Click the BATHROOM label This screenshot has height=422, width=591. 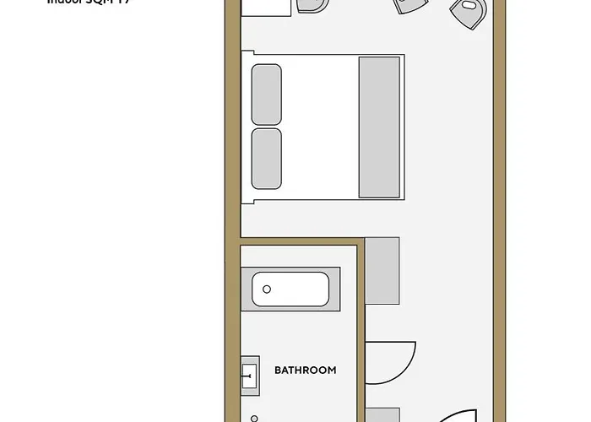click(x=305, y=370)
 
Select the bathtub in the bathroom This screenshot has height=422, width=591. click(x=290, y=289)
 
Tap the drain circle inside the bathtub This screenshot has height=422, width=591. click(x=267, y=289)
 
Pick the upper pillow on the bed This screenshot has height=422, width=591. click(x=266, y=94)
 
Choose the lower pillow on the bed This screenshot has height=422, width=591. click(x=266, y=159)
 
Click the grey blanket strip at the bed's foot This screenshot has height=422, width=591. click(x=379, y=127)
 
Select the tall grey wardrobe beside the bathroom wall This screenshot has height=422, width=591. click(x=382, y=270)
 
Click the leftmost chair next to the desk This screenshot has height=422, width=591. click(x=312, y=5)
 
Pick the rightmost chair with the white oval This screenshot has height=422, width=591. click(x=469, y=12)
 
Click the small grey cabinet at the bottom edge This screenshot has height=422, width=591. click(x=382, y=414)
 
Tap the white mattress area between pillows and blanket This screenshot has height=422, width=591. click(x=321, y=127)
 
